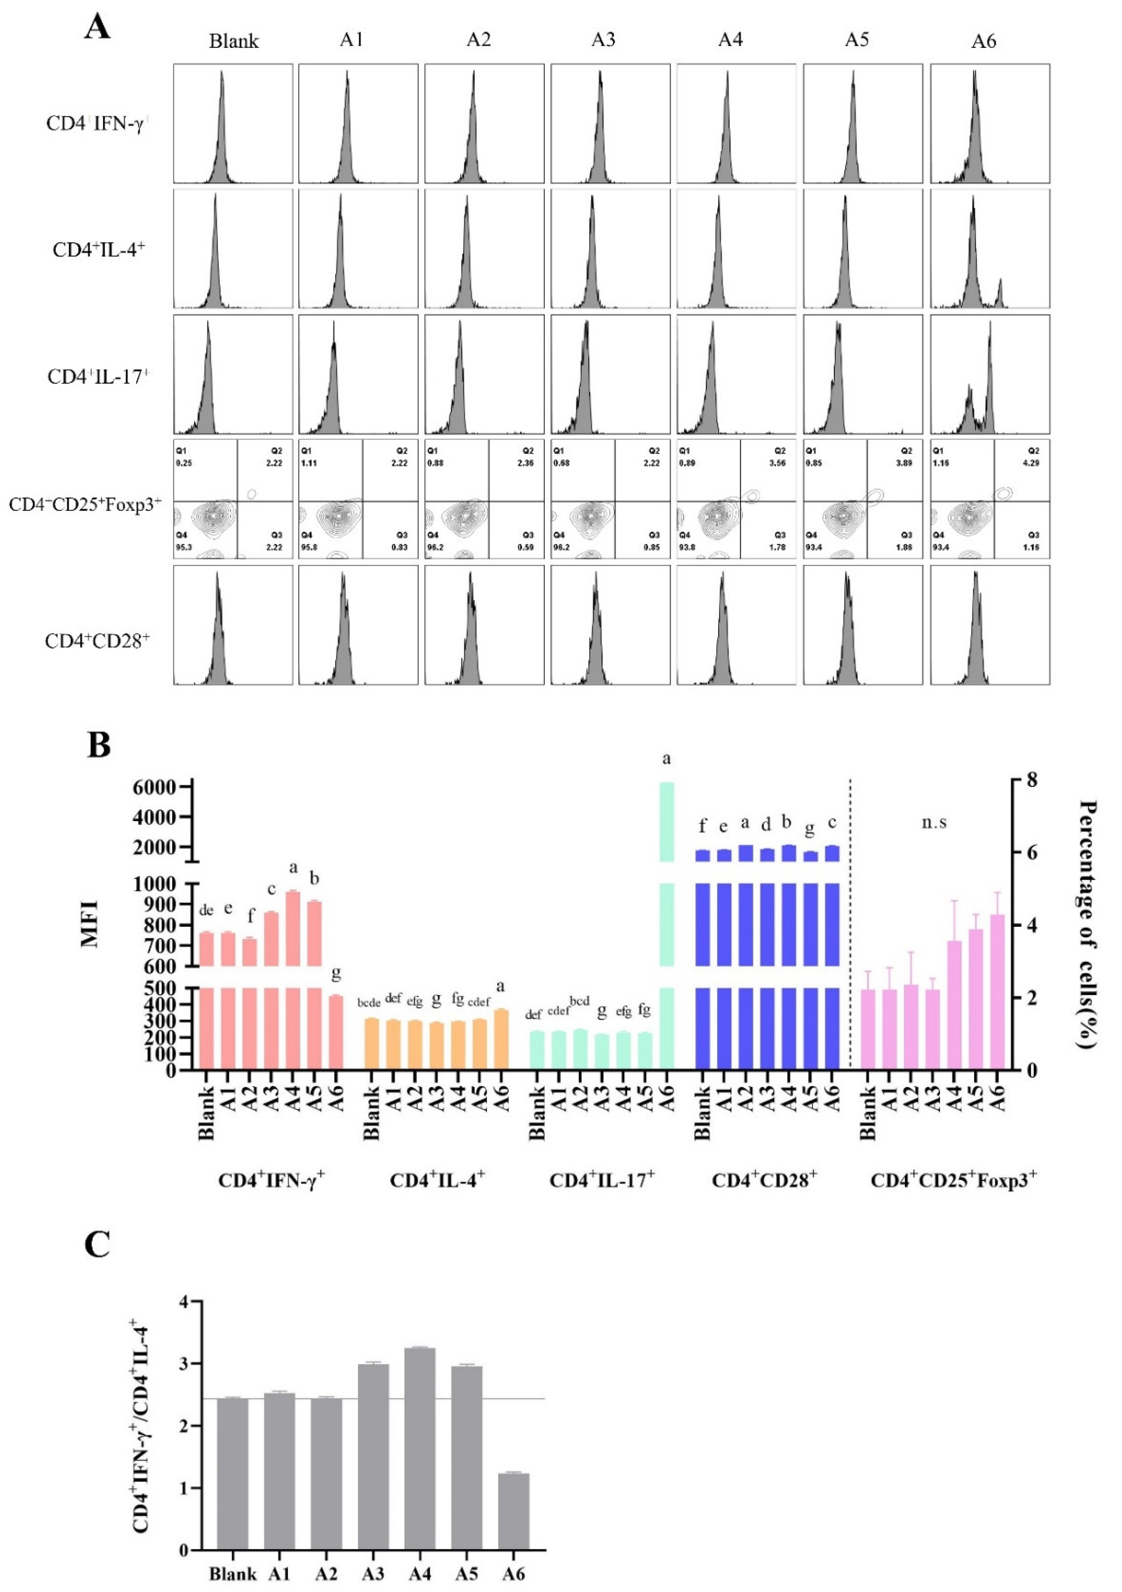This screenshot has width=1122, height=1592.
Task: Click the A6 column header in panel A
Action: coord(983,41)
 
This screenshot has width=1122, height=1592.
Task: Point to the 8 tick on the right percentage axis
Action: coord(1032,780)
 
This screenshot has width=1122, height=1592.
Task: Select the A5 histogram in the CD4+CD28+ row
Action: coord(863,625)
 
